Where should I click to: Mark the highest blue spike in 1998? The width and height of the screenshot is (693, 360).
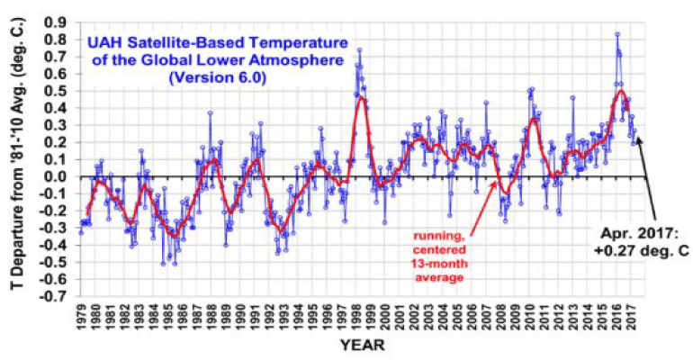click(359, 50)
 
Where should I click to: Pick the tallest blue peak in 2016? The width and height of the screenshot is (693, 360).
click(617, 35)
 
